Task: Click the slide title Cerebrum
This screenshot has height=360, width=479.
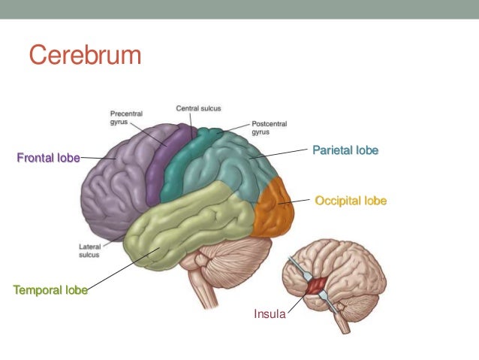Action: [85, 55]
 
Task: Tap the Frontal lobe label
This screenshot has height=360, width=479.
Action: [48, 158]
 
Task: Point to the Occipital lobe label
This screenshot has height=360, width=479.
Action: [351, 201]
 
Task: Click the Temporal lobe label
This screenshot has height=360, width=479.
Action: [50, 289]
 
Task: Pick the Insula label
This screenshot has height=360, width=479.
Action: [270, 314]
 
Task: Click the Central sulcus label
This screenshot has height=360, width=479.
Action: [198, 108]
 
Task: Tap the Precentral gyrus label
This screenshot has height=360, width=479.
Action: [121, 118]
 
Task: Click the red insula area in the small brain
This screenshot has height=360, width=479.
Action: [315, 285]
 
